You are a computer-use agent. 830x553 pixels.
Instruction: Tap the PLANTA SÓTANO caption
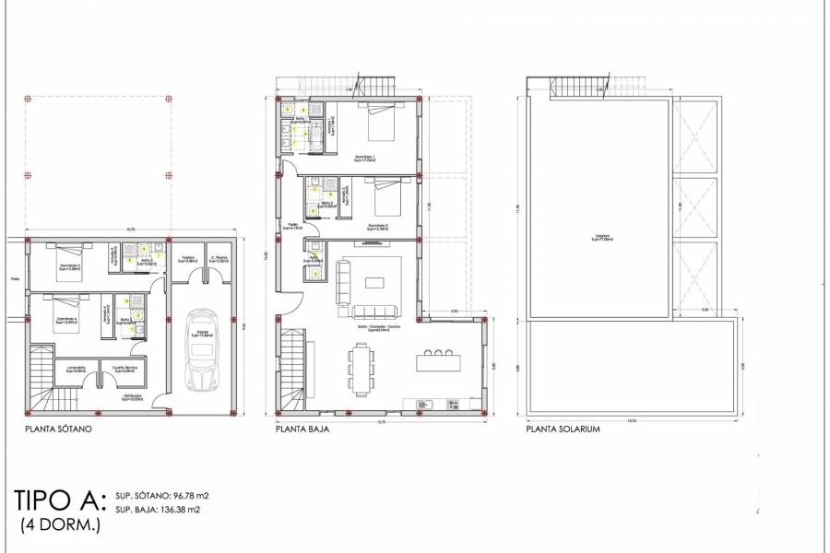(59, 429)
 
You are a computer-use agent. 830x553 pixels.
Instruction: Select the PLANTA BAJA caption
(302, 429)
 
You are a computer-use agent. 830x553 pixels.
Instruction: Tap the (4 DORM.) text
(60, 525)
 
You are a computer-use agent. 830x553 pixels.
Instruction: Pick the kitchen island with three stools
(439, 361)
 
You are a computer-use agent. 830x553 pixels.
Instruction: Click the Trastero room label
(187, 260)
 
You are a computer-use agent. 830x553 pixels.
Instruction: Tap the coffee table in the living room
(378, 280)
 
